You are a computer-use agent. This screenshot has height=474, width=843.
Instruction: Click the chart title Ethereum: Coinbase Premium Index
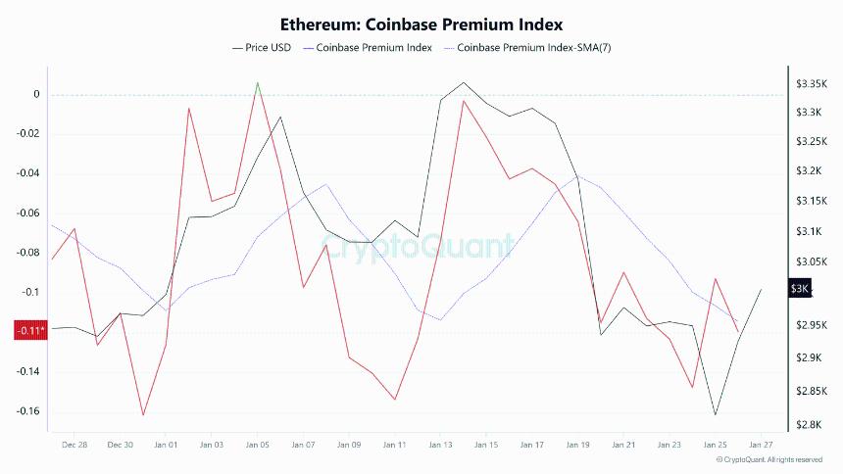point(421,24)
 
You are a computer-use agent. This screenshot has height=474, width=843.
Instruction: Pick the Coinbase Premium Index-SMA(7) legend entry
point(527,47)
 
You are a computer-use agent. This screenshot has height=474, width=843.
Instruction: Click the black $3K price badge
point(800,289)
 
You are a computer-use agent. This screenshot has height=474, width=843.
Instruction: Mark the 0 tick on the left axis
point(37,95)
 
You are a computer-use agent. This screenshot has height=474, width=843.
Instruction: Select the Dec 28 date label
point(74,445)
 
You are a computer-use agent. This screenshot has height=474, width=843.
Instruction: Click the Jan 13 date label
point(440,445)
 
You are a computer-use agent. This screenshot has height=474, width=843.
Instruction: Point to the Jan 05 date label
point(257,445)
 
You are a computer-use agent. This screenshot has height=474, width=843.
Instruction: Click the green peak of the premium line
point(257,84)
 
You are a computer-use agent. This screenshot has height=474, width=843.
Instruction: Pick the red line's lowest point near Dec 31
point(143,415)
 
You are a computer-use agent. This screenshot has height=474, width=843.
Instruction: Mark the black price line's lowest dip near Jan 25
point(716,414)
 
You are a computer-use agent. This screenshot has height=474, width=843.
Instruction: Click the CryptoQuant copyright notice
point(769,459)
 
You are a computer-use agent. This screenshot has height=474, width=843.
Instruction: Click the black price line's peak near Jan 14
point(463,82)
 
